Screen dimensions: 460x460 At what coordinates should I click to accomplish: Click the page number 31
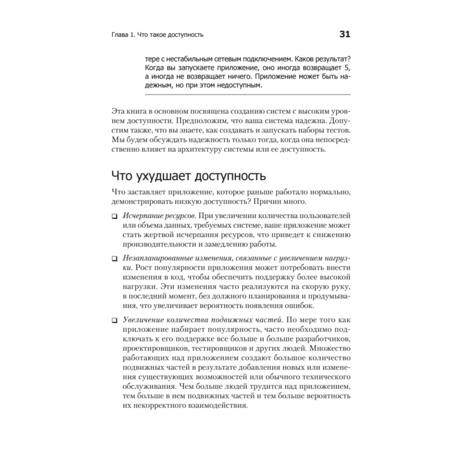345,34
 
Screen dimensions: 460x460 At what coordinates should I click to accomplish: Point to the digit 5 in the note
348,67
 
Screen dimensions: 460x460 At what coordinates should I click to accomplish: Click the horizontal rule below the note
247,94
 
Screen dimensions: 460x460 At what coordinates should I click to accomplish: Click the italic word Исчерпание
140,216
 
